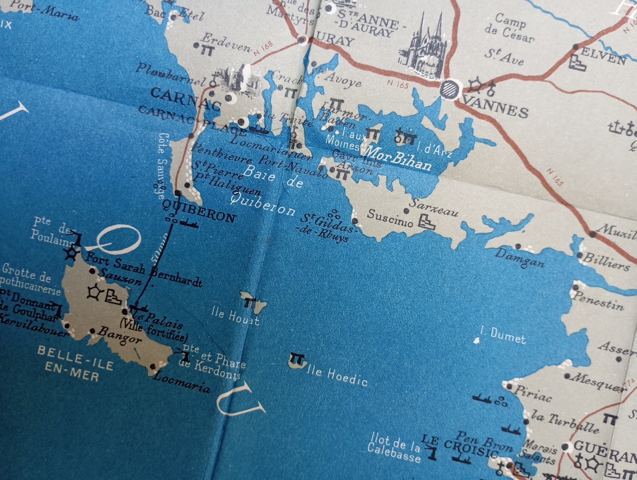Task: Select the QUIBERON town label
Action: point(199,212)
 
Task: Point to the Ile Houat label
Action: point(235,317)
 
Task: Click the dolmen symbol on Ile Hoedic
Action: point(297,358)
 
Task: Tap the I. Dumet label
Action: point(502,336)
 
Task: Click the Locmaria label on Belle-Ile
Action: point(182,382)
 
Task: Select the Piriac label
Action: point(533,394)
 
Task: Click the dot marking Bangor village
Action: point(92,331)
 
